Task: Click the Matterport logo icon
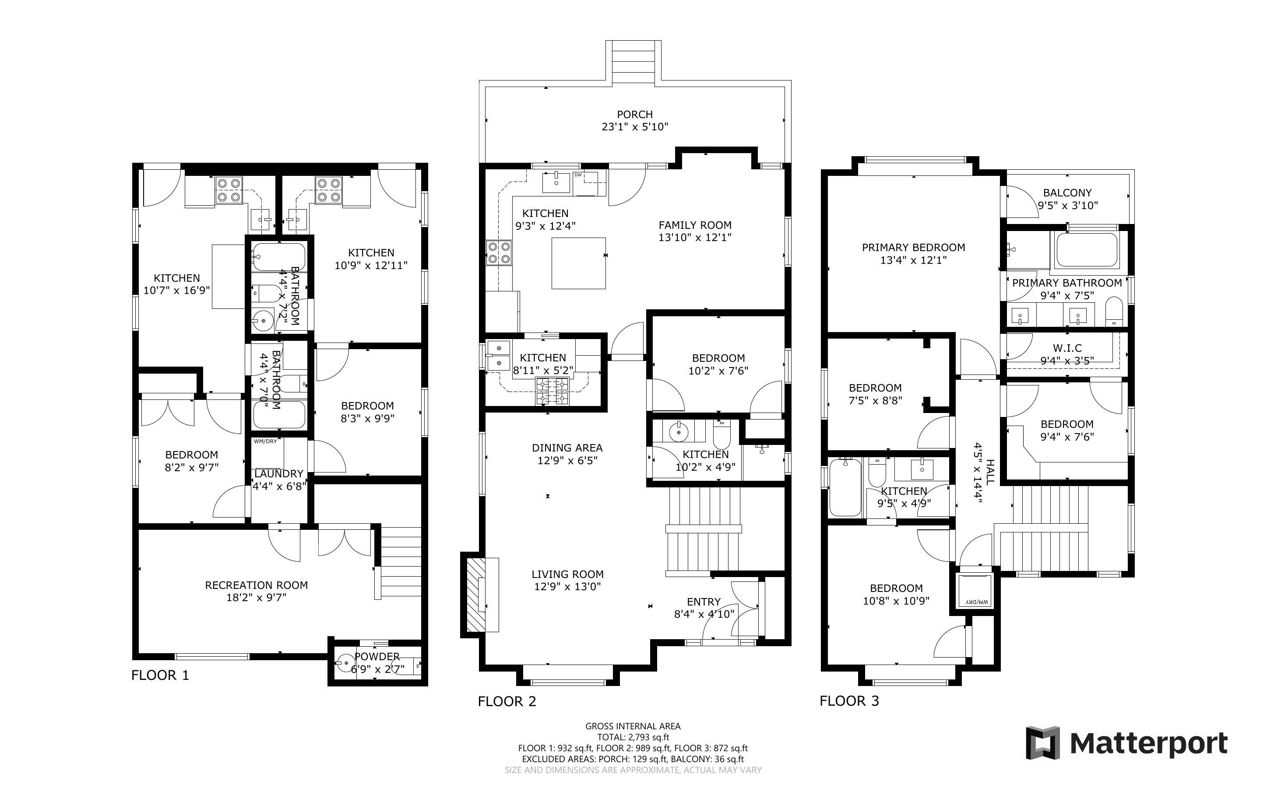(1042, 743)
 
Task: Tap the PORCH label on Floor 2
(635, 114)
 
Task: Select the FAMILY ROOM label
(695, 225)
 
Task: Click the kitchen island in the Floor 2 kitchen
(579, 263)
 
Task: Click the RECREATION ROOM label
(257, 585)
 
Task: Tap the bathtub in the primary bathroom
(1087, 250)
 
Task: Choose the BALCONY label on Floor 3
(1067, 192)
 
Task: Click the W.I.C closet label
(1067, 348)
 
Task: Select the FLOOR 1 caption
(160, 675)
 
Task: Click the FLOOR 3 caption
(849, 701)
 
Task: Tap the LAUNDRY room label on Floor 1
(278, 473)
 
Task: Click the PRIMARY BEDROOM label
(913, 248)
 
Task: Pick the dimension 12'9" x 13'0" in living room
(567, 586)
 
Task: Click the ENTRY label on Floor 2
(704, 602)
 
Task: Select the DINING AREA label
(567, 448)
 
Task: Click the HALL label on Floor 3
(990, 469)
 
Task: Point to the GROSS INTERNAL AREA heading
(633, 726)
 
